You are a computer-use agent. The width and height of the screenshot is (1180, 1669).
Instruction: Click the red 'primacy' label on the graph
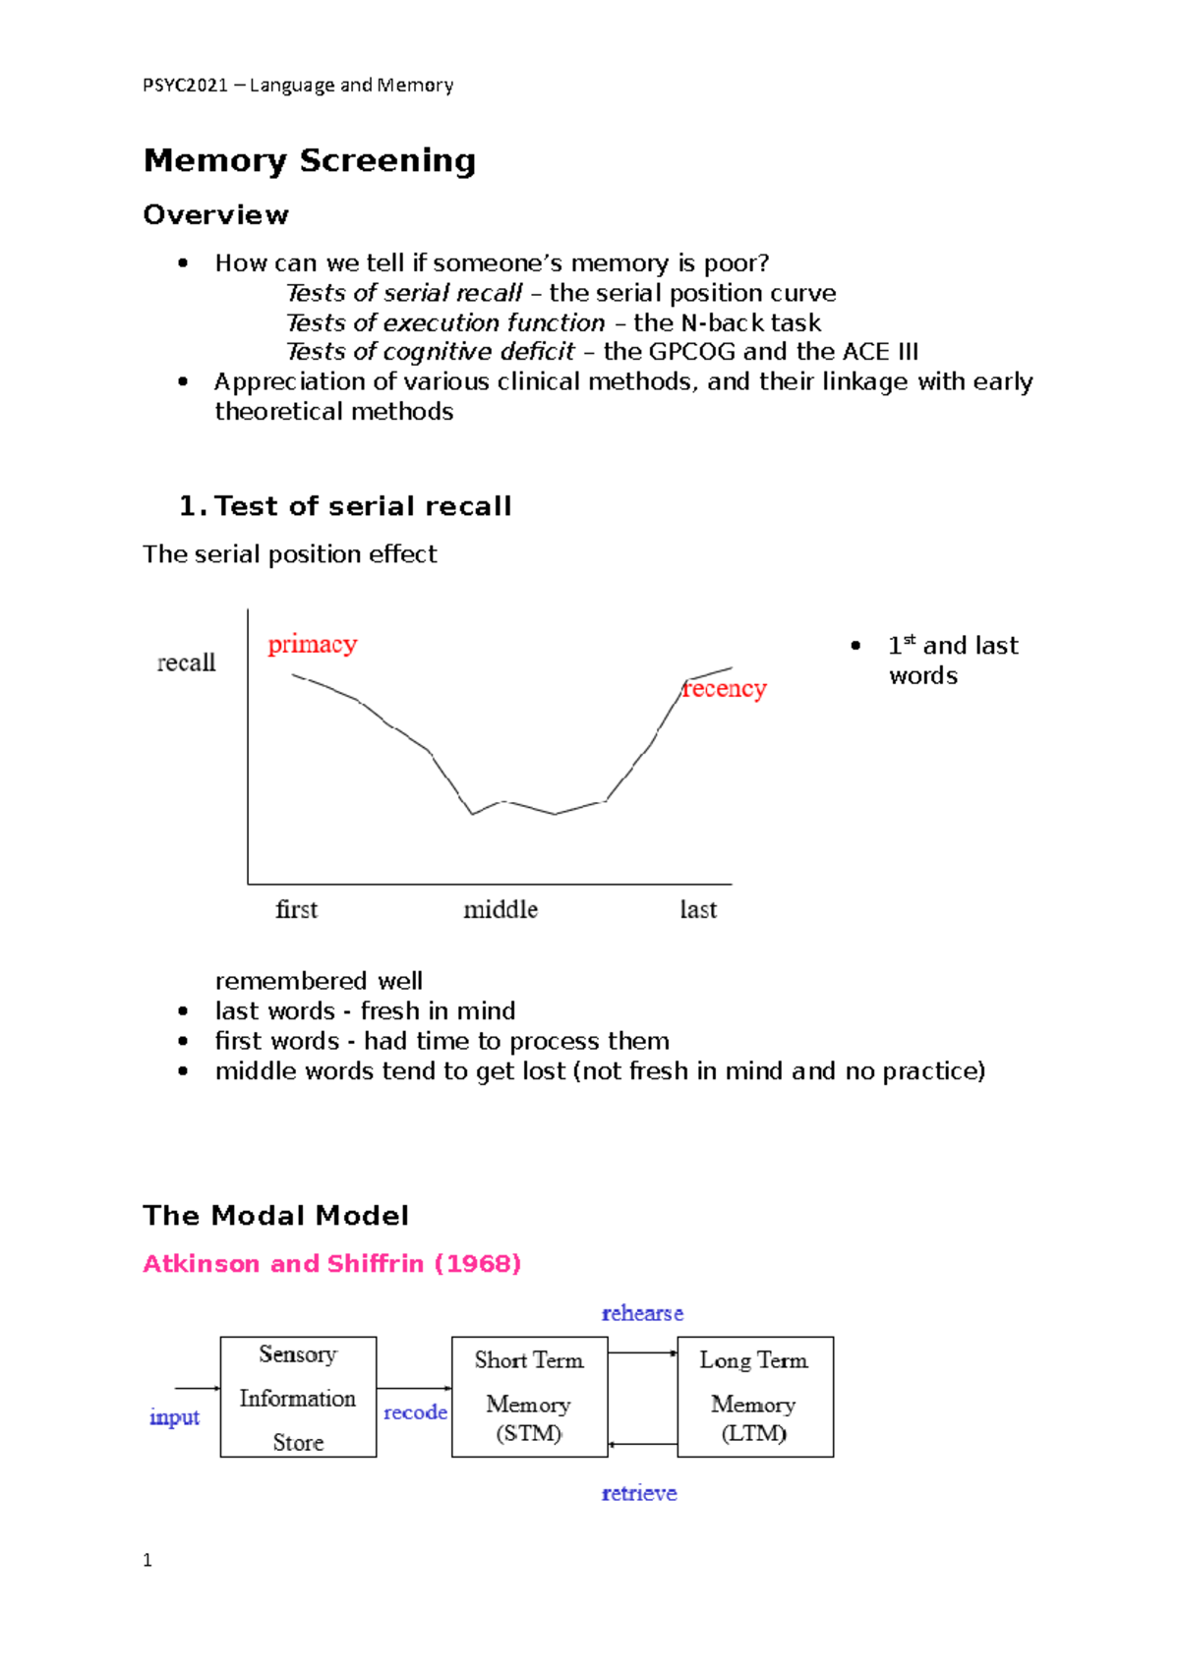tap(313, 645)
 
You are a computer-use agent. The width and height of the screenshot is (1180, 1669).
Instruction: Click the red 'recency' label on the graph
tap(725, 689)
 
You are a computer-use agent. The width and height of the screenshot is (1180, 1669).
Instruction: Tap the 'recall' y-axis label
tap(186, 662)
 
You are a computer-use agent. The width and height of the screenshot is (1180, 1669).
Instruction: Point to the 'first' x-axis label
tap(296, 909)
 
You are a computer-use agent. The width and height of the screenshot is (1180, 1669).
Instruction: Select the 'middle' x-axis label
tap(501, 909)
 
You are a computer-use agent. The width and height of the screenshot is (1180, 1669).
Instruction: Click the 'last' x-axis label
tap(698, 909)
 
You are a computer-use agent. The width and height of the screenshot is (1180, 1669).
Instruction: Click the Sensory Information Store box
tap(298, 1397)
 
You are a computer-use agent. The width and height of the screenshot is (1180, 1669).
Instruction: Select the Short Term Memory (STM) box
tap(529, 1397)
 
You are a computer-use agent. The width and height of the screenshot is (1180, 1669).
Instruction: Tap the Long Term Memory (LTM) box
tap(754, 1397)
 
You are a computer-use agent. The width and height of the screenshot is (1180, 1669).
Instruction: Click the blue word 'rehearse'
tap(642, 1313)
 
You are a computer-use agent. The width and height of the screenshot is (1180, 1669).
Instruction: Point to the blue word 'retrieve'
tap(639, 1493)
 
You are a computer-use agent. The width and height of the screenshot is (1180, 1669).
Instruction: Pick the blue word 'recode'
tap(415, 1412)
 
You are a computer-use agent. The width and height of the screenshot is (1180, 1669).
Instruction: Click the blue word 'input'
tap(174, 1417)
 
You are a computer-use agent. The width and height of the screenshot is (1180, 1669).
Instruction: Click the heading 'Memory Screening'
tap(310, 160)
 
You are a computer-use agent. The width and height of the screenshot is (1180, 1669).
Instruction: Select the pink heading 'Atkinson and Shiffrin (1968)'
tap(331, 1264)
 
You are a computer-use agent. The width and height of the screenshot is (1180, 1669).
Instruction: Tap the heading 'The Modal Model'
tap(275, 1216)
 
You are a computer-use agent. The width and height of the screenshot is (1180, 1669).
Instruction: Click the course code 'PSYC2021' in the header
tap(185, 86)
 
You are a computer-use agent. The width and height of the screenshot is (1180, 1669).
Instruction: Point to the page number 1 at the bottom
tap(147, 1560)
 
